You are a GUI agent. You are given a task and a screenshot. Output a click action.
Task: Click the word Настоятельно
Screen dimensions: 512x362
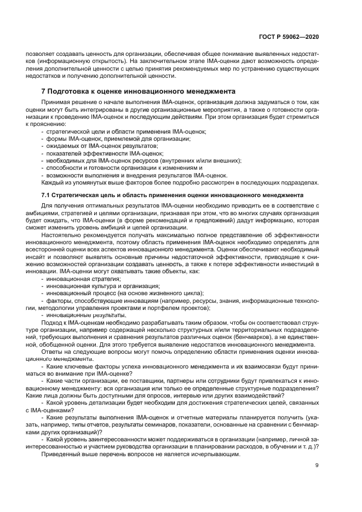click(x=61, y=235)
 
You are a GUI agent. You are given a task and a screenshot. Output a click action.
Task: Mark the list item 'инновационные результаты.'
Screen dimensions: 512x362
click(x=85, y=315)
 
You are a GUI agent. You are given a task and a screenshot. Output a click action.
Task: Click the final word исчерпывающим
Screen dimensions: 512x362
click(x=213, y=454)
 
